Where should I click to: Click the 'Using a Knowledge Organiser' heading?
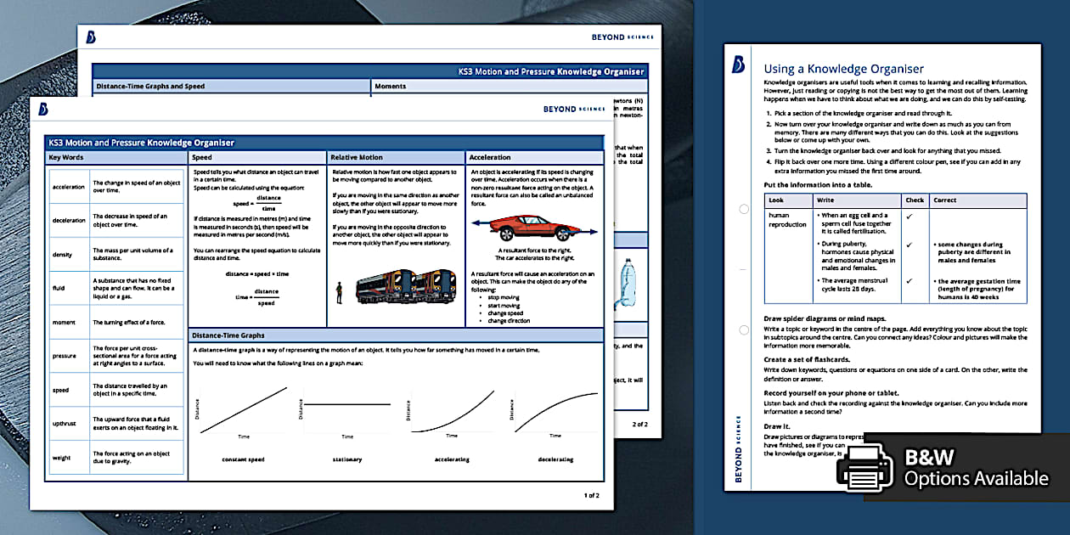coord(843,69)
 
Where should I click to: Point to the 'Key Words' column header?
coord(66,157)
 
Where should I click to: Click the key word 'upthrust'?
coord(65,421)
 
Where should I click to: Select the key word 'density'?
coord(64,255)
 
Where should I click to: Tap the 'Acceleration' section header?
coord(491,157)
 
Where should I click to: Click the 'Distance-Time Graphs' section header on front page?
coord(228,335)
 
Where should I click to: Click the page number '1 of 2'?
coord(591,495)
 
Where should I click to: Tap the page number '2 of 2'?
coord(639,423)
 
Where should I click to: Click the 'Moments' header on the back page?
coord(391,87)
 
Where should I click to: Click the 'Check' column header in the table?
coord(915,200)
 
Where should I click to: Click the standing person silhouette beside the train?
coord(340,293)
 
